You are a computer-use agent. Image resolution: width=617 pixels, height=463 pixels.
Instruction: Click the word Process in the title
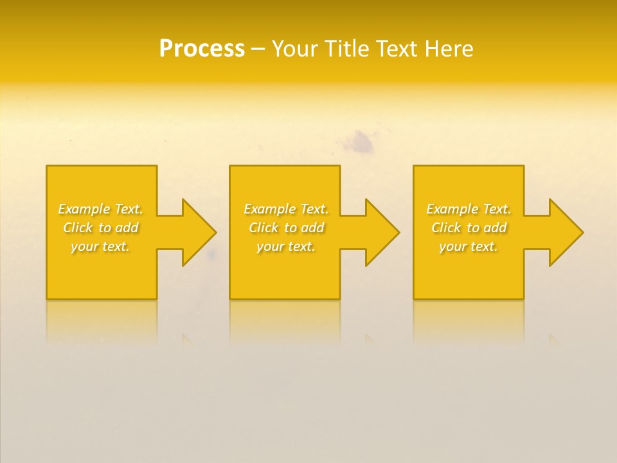point(202,49)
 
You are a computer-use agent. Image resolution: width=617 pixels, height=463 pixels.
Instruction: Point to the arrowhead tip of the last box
point(582,232)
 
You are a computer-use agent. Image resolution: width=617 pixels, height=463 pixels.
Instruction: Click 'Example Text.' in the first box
point(100,209)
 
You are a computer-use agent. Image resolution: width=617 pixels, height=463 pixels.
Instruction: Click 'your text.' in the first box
point(100,246)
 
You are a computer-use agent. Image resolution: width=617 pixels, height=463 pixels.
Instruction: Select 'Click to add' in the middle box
point(286,228)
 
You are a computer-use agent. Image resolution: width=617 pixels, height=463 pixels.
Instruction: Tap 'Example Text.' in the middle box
point(286,209)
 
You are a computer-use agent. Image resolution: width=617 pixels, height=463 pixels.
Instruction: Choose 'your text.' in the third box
point(469,246)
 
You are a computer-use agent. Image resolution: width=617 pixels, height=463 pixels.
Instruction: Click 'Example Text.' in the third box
point(469,209)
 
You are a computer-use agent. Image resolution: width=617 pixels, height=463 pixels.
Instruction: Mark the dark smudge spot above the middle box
point(362,143)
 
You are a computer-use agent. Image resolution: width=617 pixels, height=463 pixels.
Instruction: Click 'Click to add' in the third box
point(469,228)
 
